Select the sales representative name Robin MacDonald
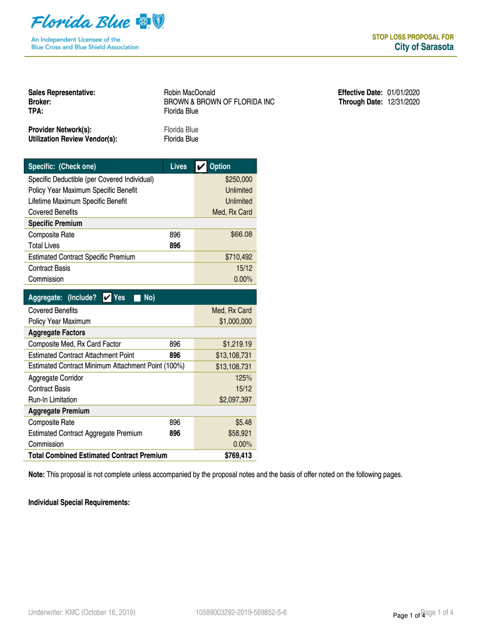point(190,93)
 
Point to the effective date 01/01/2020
point(404,93)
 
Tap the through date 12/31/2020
point(404,102)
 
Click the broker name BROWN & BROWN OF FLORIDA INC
point(219,102)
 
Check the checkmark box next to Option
point(200,167)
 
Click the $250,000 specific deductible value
point(238,179)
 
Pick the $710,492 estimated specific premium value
point(238,257)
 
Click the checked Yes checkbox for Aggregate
point(107,297)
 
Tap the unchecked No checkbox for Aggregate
point(138,298)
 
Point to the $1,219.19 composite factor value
point(237,344)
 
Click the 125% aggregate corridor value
point(244,378)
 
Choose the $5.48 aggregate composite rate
point(244,423)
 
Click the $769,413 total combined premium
point(238,456)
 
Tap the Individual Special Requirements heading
point(79,502)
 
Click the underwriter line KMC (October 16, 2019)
point(82,612)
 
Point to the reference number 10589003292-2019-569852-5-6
point(241,612)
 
